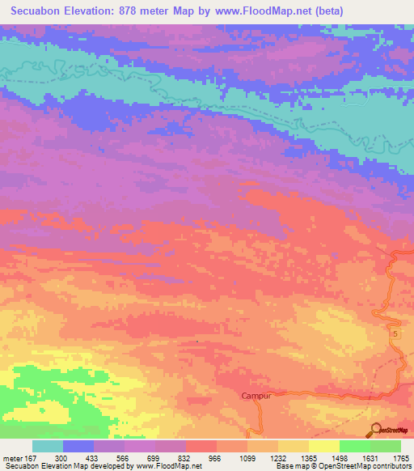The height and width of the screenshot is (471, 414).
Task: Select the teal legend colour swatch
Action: [48, 446]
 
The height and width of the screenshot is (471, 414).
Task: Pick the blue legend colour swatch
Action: [78, 446]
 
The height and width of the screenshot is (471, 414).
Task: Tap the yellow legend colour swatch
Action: [324, 446]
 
